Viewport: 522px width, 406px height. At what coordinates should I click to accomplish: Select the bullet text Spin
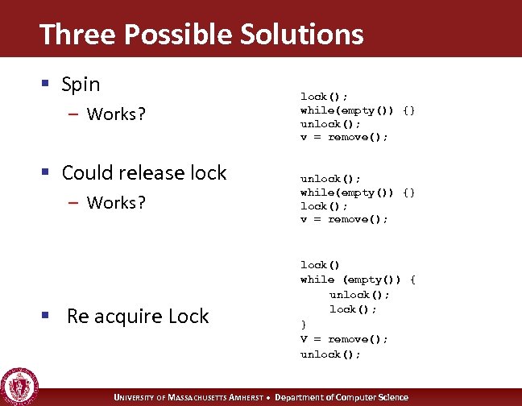81,84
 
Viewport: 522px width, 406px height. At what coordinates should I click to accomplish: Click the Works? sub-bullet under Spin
116,114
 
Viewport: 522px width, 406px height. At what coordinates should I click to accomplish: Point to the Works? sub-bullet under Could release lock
116,202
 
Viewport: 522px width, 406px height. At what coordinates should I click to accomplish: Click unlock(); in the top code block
330,123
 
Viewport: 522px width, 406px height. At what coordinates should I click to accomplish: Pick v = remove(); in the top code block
344,137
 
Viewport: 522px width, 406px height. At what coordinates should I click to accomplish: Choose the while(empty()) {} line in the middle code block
358,193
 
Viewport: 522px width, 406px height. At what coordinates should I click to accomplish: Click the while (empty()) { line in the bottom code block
358,280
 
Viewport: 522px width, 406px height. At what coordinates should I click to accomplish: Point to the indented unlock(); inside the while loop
358,295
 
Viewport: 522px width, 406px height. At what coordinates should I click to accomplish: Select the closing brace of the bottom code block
304,325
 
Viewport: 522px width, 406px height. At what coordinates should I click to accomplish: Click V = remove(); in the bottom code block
344,339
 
